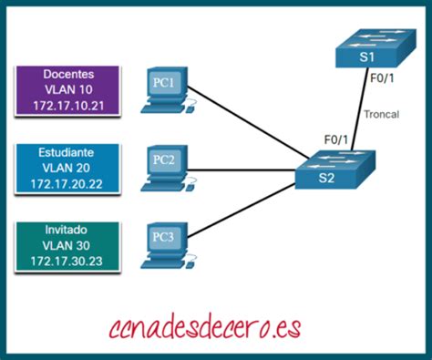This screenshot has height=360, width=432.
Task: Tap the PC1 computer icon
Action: point(165,88)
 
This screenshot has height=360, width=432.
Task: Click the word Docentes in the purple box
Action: point(68,72)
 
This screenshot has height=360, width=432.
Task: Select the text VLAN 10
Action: point(68,89)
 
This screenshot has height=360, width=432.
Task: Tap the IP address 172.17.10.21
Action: point(68,107)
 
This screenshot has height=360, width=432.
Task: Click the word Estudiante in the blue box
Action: point(68,150)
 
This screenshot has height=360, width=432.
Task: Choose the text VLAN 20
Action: point(68,168)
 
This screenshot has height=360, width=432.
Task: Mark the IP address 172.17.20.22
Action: point(68,185)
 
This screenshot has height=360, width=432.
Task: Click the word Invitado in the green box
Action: point(68,229)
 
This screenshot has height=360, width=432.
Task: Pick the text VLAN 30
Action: point(68,246)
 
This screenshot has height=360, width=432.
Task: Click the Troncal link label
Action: point(380,115)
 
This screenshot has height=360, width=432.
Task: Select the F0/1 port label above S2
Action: point(338,139)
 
